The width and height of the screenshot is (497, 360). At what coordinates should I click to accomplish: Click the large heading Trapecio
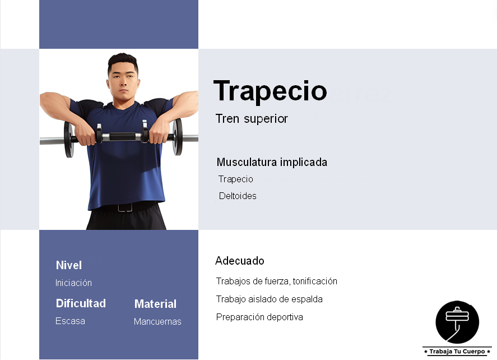(x=270, y=91)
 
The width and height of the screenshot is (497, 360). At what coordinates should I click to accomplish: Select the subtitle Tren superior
(x=252, y=119)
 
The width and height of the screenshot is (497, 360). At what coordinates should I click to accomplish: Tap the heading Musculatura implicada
(x=272, y=163)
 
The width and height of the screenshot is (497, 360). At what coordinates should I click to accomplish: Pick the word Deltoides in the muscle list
(x=238, y=196)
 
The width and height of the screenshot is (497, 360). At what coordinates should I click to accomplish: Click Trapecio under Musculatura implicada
(x=236, y=179)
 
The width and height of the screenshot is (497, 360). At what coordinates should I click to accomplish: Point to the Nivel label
(x=69, y=265)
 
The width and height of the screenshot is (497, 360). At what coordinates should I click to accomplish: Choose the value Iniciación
(x=73, y=283)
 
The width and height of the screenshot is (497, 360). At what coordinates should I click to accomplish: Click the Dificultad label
(x=81, y=303)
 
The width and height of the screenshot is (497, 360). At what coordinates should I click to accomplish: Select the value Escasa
(x=70, y=321)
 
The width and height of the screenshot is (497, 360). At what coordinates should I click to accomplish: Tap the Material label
(x=155, y=304)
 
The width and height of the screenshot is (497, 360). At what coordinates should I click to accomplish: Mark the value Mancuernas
(x=157, y=322)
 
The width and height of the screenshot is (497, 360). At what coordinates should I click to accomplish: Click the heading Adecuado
(x=240, y=261)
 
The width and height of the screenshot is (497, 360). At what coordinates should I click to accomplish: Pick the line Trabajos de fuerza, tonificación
(x=276, y=281)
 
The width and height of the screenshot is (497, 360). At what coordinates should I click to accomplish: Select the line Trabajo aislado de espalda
(x=269, y=299)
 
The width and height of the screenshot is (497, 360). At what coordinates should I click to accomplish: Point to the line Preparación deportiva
(x=259, y=317)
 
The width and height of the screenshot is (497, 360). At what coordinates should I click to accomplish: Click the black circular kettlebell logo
(x=457, y=322)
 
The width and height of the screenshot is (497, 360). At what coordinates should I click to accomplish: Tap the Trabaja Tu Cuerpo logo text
(x=457, y=352)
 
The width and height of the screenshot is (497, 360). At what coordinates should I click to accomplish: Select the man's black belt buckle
(x=124, y=207)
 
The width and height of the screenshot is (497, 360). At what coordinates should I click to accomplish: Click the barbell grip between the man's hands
(x=122, y=136)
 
